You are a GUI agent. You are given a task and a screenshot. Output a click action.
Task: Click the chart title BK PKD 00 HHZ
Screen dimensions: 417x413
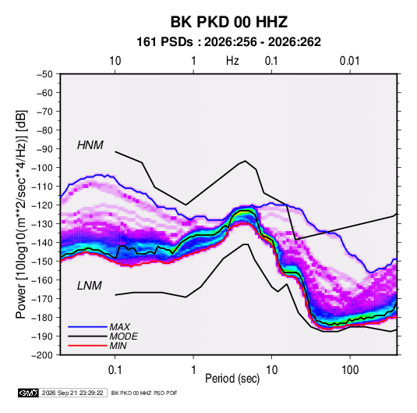pyautogui.click(x=228, y=22)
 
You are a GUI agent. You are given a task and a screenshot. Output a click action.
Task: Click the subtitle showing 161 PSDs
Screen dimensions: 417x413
pyautogui.click(x=228, y=42)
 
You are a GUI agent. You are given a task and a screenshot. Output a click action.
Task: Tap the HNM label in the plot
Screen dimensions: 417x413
pyautogui.click(x=90, y=145)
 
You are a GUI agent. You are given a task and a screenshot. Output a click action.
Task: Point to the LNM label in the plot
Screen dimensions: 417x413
pyautogui.click(x=90, y=286)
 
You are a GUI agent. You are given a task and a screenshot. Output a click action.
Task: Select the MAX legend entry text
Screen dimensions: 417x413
pyautogui.click(x=120, y=327)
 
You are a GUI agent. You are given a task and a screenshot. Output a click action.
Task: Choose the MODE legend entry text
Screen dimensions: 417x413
pyautogui.click(x=123, y=336)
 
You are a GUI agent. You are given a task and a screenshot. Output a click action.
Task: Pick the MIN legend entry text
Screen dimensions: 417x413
pyautogui.click(x=118, y=346)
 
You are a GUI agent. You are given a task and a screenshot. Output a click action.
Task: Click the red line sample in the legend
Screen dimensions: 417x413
pyautogui.click(x=87, y=346)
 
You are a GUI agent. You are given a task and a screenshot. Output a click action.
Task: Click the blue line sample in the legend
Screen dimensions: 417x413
pyautogui.click(x=87, y=327)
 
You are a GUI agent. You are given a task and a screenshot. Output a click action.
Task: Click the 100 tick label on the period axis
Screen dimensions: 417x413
pyautogui.click(x=350, y=370)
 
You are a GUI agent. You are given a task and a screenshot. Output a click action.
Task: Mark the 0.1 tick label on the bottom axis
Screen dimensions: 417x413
pyautogui.click(x=115, y=370)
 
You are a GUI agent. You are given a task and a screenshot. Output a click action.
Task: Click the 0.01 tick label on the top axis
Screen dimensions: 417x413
pyautogui.click(x=349, y=61)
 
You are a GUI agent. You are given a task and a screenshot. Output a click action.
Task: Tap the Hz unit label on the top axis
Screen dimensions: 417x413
pyautogui.click(x=232, y=61)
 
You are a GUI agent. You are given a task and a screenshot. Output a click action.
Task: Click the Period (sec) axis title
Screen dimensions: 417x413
pyautogui.click(x=232, y=379)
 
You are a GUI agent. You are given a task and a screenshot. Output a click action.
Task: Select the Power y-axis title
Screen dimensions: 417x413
pyautogui.click(x=21, y=214)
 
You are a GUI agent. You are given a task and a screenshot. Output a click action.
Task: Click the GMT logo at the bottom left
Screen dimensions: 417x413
pyautogui.click(x=29, y=393)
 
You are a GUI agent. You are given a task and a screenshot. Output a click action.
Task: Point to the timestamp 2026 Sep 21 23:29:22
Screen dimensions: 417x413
pyautogui.click(x=72, y=393)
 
